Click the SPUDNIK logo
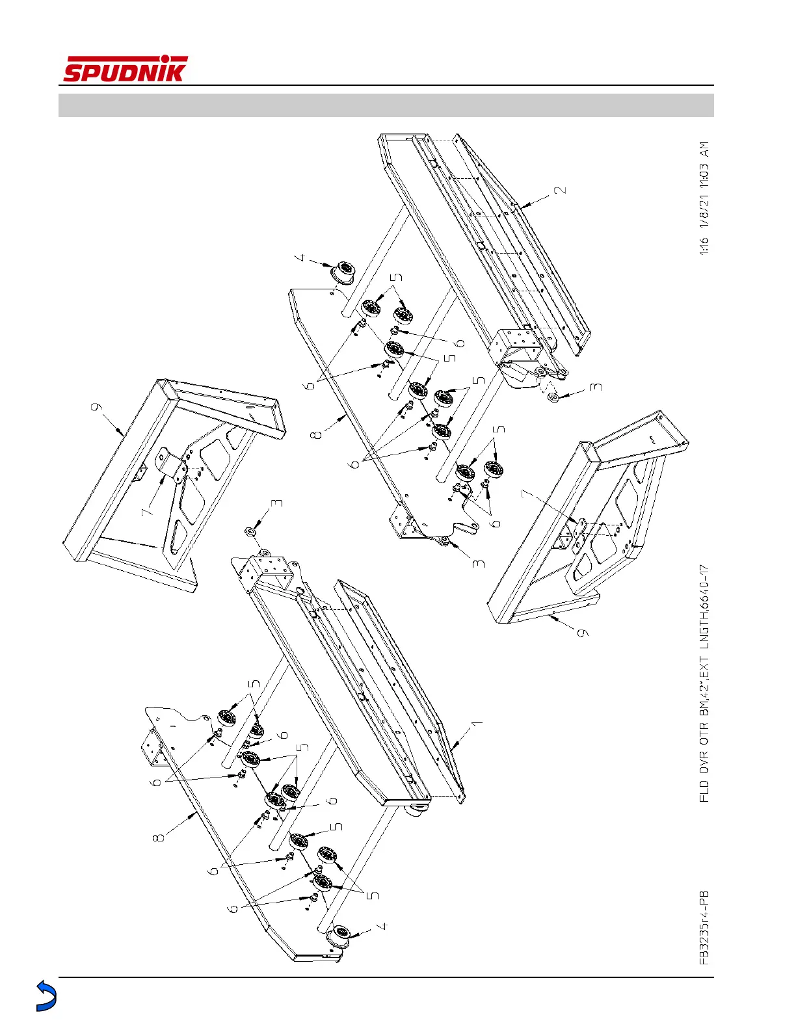(x=125, y=70)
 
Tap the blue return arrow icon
(x=46, y=996)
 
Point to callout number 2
(x=561, y=191)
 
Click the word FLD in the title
(x=704, y=789)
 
